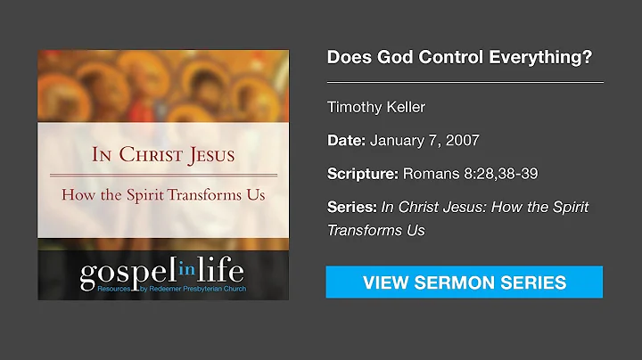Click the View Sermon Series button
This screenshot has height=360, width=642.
(x=464, y=282)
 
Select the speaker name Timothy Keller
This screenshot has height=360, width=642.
(x=376, y=108)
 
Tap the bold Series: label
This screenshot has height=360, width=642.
(x=352, y=207)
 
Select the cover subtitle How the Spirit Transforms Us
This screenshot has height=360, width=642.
(x=163, y=195)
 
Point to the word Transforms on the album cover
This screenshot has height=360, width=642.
(x=211, y=195)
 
